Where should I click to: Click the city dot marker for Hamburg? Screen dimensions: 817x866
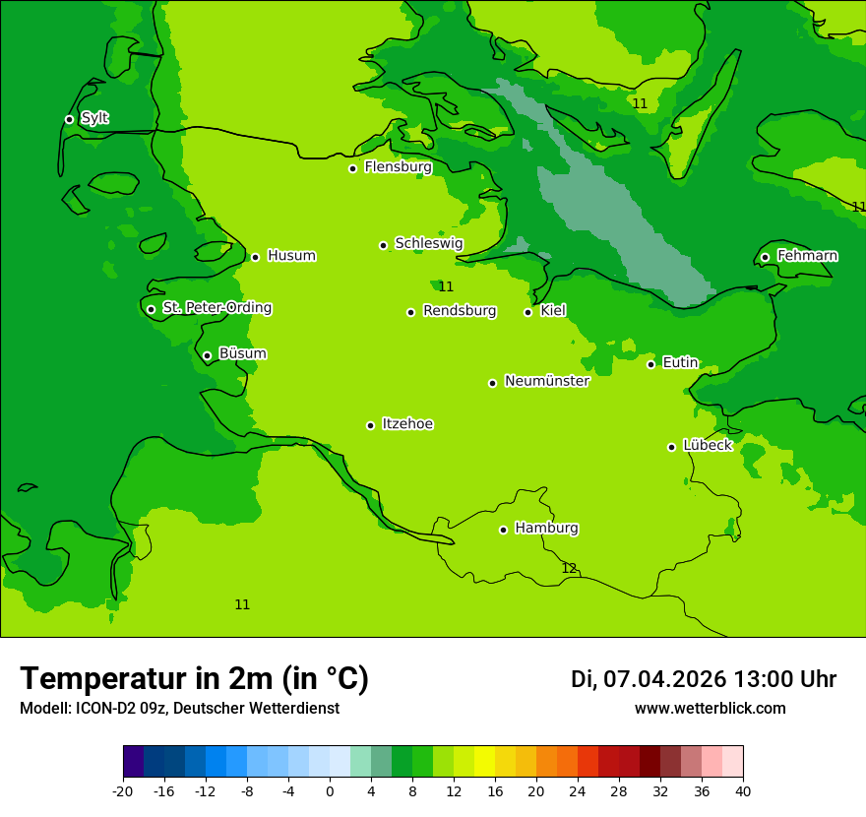tap(503, 530)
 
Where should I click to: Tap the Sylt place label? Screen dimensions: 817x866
tap(94, 118)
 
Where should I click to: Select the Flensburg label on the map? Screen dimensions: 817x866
tap(398, 167)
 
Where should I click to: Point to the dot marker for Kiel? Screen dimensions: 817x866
tap(527, 312)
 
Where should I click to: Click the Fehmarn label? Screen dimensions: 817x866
tap(807, 256)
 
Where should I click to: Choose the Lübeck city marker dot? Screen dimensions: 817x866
tap(671, 447)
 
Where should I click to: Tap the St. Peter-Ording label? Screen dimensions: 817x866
tap(216, 308)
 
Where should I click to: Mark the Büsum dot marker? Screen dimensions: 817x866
tap(207, 355)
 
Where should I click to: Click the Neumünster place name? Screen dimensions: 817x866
tap(546, 381)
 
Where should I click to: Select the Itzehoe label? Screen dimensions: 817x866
tap(407, 424)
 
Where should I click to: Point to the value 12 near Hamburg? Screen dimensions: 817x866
tap(569, 568)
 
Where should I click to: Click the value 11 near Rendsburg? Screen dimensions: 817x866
tap(446, 286)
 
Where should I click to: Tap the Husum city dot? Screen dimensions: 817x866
tap(255, 257)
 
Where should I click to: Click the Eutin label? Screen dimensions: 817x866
tap(680, 363)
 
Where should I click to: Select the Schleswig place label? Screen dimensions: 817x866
tap(428, 243)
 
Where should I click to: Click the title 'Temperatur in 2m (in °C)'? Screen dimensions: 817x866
tap(194, 678)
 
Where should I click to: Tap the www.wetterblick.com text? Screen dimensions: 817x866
tap(710, 708)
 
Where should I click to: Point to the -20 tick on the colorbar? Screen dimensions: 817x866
tap(123, 791)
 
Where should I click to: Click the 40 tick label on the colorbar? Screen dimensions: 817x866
tap(743, 791)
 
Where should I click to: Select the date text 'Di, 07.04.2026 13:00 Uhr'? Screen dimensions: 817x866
tap(703, 679)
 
